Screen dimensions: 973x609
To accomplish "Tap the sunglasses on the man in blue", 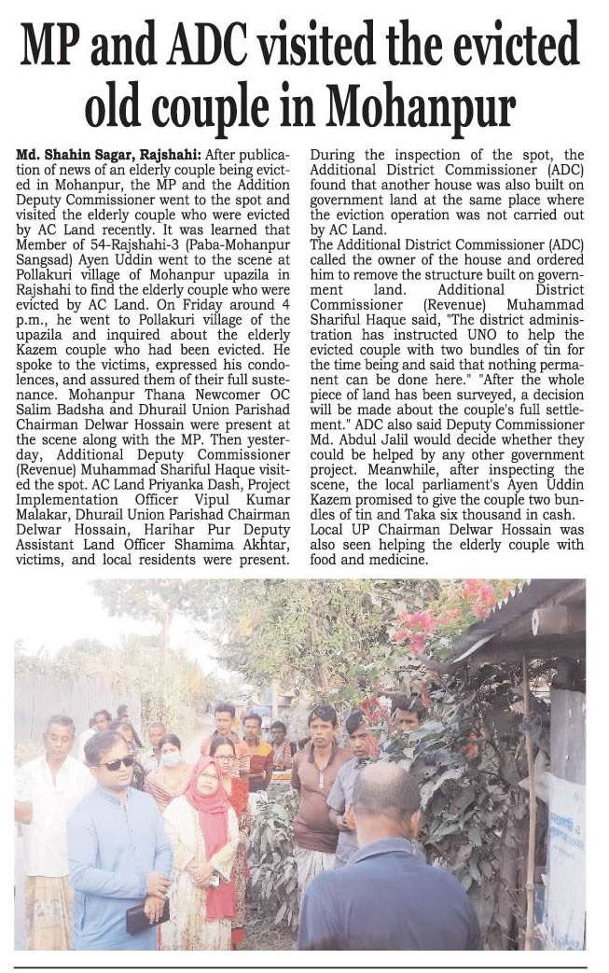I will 118,764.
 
